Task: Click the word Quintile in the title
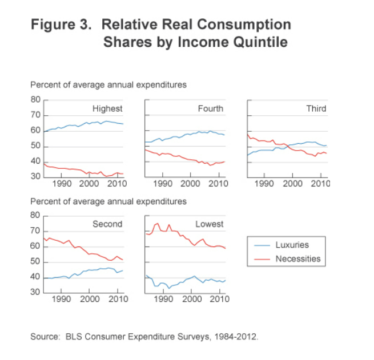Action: click(260, 42)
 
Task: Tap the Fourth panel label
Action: click(210, 108)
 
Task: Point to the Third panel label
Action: click(315, 108)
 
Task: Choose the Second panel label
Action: click(107, 224)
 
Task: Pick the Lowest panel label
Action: click(210, 224)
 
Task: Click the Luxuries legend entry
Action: click(292, 245)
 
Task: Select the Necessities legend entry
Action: click(297, 259)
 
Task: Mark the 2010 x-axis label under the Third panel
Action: click(321, 184)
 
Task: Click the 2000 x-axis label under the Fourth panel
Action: click(191, 184)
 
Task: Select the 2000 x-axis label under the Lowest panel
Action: click(191, 300)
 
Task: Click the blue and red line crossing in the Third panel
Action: click(287, 146)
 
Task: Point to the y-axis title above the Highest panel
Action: click(108, 86)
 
